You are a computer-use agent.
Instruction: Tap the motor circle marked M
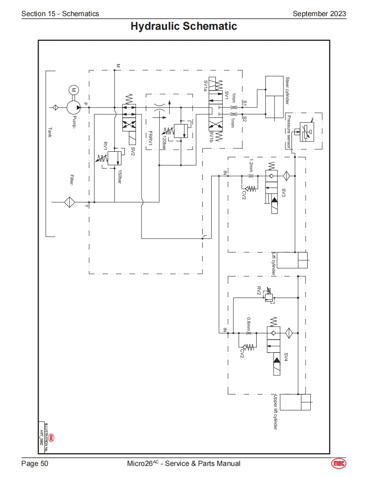point(74,90)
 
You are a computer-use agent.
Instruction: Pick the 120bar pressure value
point(164,139)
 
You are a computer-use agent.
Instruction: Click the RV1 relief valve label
point(105,146)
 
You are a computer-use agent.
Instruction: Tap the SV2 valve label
point(133,151)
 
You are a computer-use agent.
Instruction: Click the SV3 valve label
point(283,192)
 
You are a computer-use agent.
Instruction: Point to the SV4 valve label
point(286,357)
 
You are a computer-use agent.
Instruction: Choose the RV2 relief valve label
point(258,291)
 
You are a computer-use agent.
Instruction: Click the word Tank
point(50,132)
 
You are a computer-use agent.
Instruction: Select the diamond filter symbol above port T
point(69,202)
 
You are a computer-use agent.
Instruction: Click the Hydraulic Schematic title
point(184,26)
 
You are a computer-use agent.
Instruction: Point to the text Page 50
point(35,463)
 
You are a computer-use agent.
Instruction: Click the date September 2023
point(319,14)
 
